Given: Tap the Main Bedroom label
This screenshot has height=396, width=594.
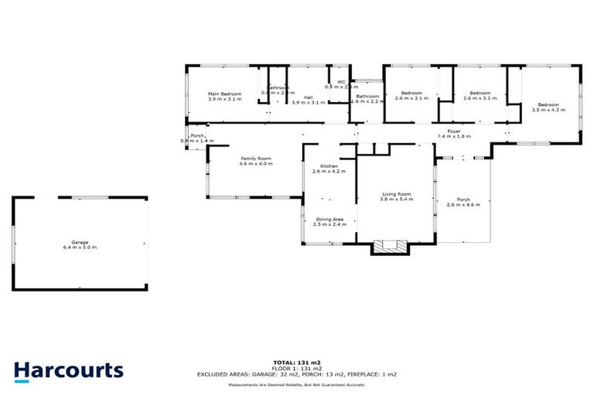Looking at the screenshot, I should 224,94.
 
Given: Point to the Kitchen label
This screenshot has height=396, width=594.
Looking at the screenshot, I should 328,166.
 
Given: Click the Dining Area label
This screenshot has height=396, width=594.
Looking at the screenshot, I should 329,219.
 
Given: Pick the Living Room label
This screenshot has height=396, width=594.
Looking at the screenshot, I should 396,194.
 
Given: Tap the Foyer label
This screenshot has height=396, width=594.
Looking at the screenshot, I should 453,131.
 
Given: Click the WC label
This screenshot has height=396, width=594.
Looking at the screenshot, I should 340,82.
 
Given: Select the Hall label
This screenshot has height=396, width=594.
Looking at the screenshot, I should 308,97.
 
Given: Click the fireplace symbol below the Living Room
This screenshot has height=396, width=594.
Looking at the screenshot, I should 389,247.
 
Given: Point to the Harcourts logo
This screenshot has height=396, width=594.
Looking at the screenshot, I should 68,370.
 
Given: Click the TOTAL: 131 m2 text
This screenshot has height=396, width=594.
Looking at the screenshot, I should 297,362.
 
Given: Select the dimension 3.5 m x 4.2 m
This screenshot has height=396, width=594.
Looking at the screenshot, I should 548,110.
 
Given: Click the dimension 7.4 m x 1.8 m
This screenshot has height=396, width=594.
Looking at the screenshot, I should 453,136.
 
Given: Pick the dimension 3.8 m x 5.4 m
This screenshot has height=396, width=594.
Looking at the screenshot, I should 396,200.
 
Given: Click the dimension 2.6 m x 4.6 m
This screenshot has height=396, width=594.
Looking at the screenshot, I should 463,205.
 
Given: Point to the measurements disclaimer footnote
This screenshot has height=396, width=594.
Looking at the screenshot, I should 297,384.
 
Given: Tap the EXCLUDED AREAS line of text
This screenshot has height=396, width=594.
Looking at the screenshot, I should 297,374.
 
